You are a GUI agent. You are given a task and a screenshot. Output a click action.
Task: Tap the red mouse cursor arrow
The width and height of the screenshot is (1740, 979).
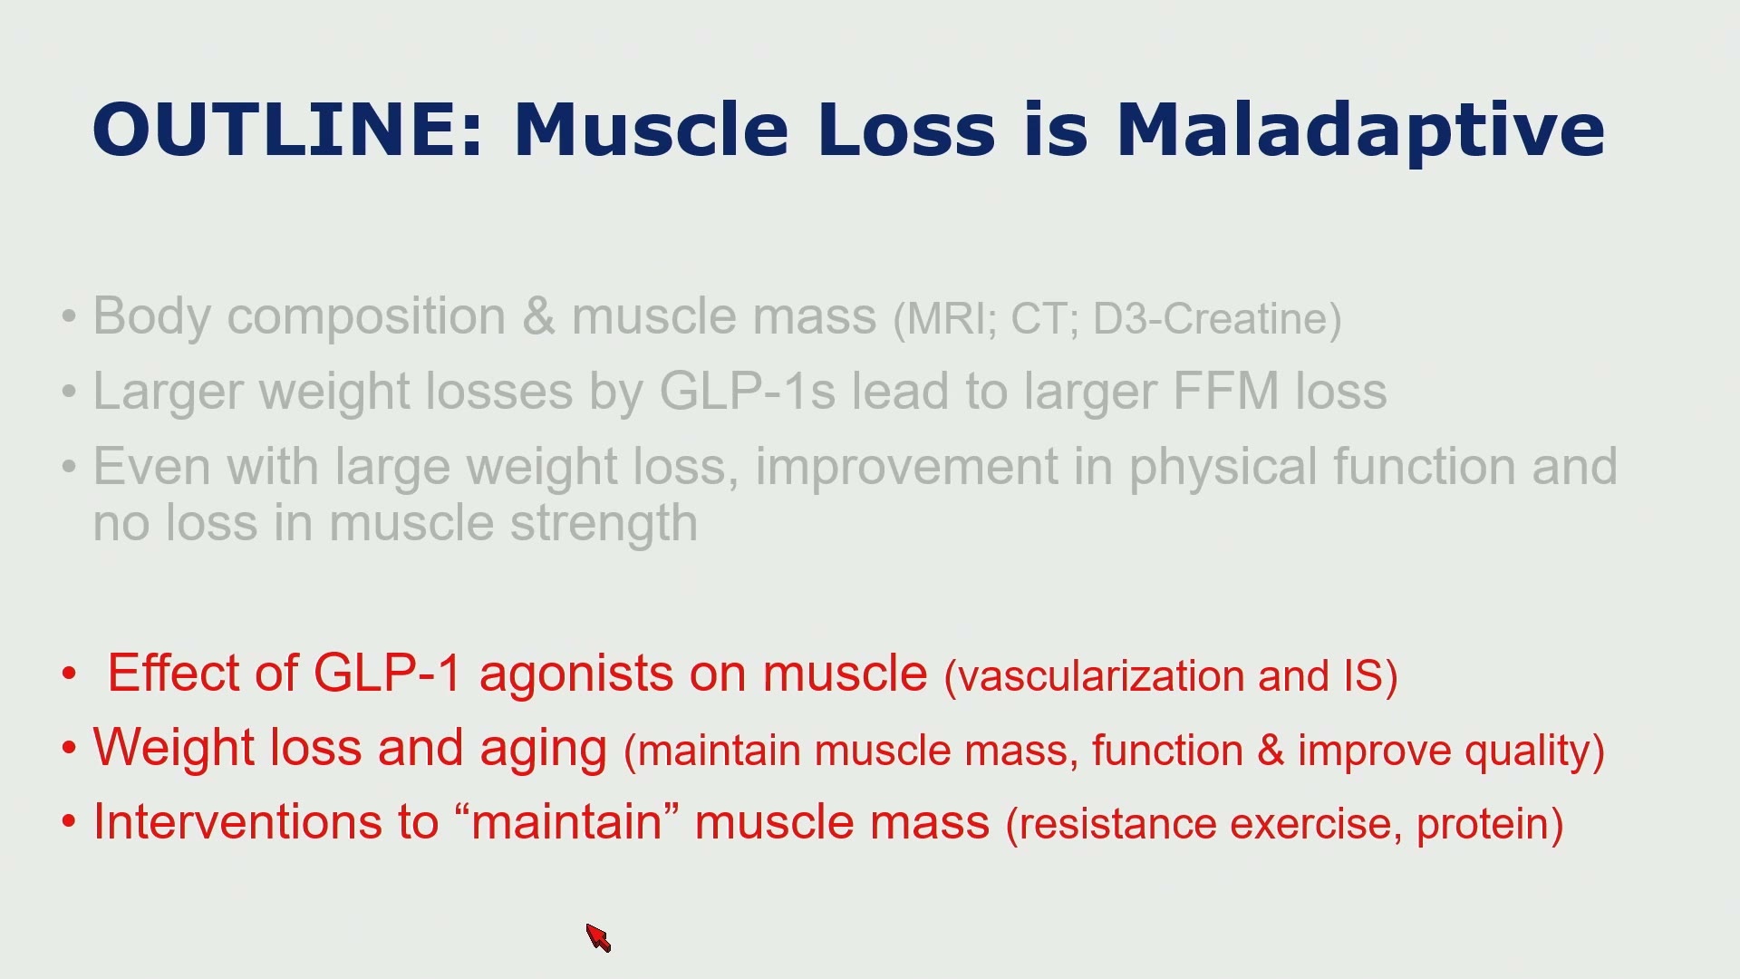coord(598,938)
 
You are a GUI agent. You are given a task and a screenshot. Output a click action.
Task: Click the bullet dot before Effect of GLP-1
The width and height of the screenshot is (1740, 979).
coord(70,674)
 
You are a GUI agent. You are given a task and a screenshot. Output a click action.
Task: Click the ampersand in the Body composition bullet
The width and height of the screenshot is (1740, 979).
coord(538,316)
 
